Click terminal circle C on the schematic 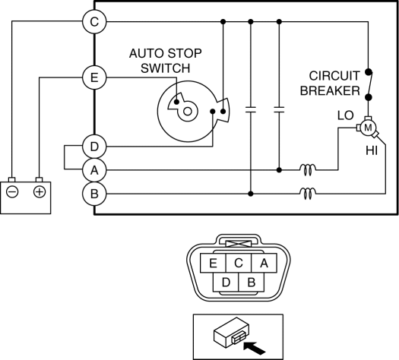click(x=94, y=21)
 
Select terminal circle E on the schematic click(x=94, y=77)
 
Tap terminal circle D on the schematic click(x=94, y=147)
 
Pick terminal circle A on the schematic click(x=94, y=170)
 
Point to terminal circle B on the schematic click(x=94, y=194)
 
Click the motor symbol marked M click(x=368, y=128)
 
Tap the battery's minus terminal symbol click(x=12, y=192)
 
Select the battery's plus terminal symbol click(x=40, y=192)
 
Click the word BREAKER click(x=330, y=91)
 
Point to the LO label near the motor click(x=345, y=115)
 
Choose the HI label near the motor click(x=372, y=151)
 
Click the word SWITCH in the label click(x=166, y=68)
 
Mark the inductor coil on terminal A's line click(x=308, y=170)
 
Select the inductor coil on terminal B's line click(x=308, y=194)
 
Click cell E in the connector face click(x=213, y=263)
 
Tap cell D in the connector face click(x=226, y=283)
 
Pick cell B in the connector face click(x=252, y=283)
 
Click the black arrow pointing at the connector click(x=255, y=348)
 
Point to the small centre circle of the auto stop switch click(x=188, y=112)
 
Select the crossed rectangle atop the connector click(x=239, y=244)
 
